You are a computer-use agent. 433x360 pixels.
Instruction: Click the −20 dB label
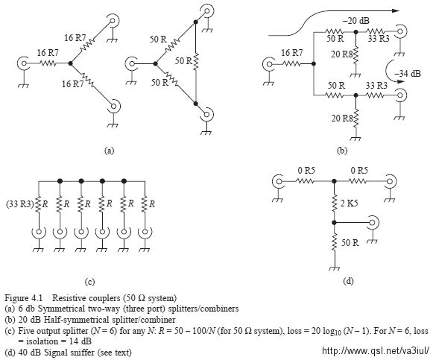pyautogui.click(x=355, y=20)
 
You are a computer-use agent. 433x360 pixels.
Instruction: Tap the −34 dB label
pyautogui.click(x=408, y=74)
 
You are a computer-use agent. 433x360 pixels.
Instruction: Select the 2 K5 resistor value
pyautogui.click(x=350, y=203)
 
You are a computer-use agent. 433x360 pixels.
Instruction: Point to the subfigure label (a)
pyautogui.click(x=109, y=151)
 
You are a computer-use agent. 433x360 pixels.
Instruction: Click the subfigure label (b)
pyautogui.click(x=342, y=151)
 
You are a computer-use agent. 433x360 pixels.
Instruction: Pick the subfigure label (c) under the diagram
pyautogui.click(x=89, y=282)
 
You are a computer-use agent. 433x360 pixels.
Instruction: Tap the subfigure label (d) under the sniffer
pyautogui.click(x=348, y=281)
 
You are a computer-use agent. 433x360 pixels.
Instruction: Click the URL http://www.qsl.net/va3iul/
pyautogui.click(x=376, y=350)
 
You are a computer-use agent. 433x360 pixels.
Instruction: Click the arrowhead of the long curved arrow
pyautogui.click(x=396, y=10)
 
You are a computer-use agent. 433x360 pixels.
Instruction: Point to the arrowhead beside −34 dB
pyautogui.click(x=400, y=81)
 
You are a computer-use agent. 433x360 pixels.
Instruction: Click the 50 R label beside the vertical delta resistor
pyautogui.click(x=183, y=60)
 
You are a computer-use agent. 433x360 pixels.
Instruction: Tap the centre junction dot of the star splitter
pyautogui.click(x=71, y=63)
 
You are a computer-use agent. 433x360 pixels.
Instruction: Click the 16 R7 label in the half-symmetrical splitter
pyautogui.click(x=292, y=52)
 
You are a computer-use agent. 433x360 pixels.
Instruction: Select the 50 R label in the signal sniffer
pyautogui.click(x=350, y=243)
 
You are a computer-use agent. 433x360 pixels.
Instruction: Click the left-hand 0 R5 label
pyautogui.click(x=306, y=171)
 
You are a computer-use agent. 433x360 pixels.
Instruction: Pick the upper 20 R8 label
pyautogui.click(x=342, y=54)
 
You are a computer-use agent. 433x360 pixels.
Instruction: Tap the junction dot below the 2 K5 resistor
pyautogui.click(x=334, y=223)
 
